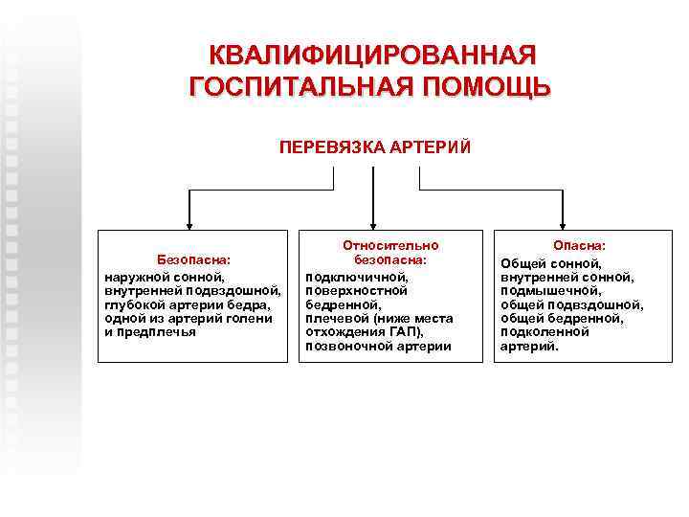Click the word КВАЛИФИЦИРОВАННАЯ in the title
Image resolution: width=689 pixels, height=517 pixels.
click(373, 55)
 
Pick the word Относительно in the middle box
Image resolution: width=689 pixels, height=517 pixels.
click(389, 245)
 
